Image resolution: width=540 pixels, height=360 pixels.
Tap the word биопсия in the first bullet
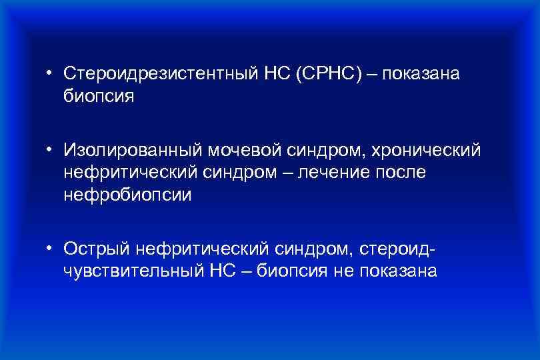(x=99, y=96)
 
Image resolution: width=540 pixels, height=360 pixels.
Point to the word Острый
(x=96, y=249)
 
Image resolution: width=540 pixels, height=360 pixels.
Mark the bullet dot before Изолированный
(x=50, y=150)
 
